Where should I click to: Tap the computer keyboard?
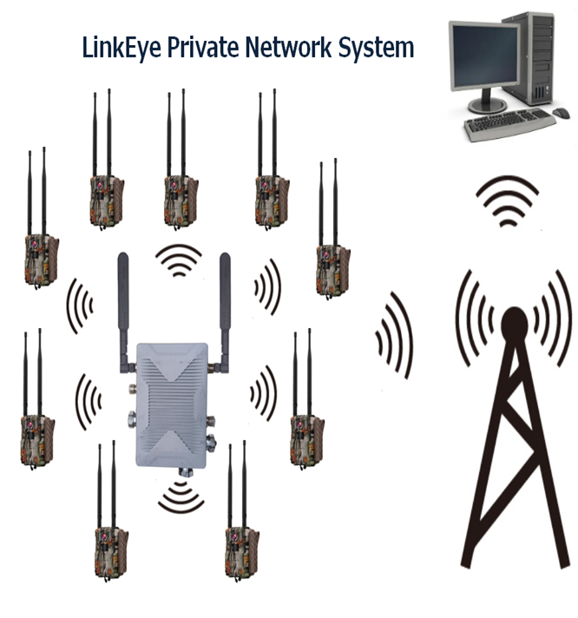508,127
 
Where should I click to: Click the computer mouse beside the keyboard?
562,113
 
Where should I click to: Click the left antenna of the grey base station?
124,304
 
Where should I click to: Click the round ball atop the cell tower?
514,322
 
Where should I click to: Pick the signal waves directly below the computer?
509,201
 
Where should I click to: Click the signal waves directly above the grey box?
179,259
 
